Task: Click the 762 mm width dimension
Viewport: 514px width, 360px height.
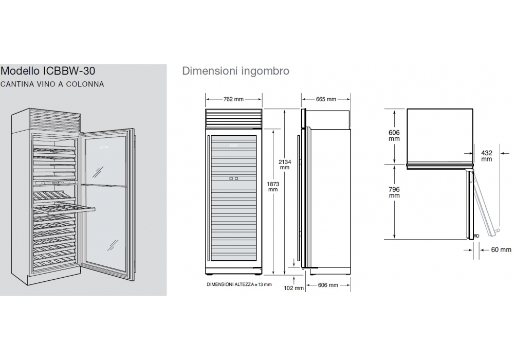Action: pyautogui.click(x=233, y=99)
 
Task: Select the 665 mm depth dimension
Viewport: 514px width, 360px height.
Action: pyautogui.click(x=326, y=99)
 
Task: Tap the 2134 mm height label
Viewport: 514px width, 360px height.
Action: pyautogui.click(x=285, y=165)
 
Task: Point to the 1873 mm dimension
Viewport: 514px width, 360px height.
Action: pyautogui.click(x=273, y=187)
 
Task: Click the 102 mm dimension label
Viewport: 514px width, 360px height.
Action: pyautogui.click(x=293, y=288)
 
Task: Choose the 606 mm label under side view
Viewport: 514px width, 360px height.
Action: pyautogui.click(x=328, y=285)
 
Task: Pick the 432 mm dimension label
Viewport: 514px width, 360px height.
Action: pyautogui.click(x=487, y=156)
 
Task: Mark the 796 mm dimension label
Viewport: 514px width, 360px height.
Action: pyautogui.click(x=394, y=192)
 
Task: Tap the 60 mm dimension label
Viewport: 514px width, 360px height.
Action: pyautogui.click(x=501, y=250)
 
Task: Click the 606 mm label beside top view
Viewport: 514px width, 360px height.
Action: pyautogui.click(x=394, y=135)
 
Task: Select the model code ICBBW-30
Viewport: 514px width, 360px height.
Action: pyautogui.click(x=69, y=71)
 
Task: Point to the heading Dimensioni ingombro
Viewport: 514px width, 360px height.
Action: pyautogui.click(x=236, y=71)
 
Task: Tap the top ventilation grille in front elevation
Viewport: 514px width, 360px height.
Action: pyautogui.click(x=234, y=118)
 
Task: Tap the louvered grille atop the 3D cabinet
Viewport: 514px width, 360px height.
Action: pyautogui.click(x=55, y=120)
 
